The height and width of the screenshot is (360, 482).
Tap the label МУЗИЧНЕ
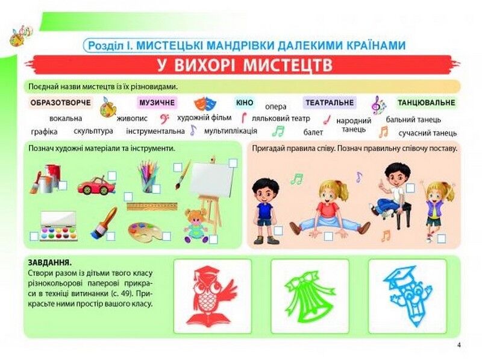point(157,103)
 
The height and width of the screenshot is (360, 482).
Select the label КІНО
point(245,103)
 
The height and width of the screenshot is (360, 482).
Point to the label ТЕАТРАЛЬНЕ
point(329,103)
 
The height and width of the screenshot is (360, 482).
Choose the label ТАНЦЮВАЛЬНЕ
point(425,103)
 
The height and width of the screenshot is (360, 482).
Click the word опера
point(276,107)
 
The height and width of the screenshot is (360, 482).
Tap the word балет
point(313,132)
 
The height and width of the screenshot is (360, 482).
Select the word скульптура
point(93,131)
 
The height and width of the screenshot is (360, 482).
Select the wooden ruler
point(152,206)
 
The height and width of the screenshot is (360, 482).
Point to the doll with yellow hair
point(196,226)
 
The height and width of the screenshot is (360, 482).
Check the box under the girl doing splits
point(328,236)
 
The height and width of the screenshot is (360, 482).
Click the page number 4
point(459,345)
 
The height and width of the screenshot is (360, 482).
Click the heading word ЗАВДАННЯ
point(50,263)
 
